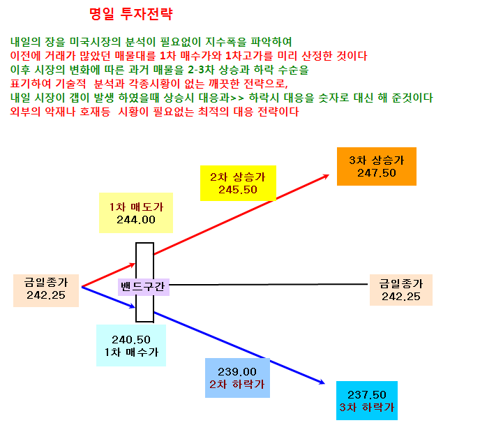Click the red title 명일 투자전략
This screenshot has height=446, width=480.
pos(131,14)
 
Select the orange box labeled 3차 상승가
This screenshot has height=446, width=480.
pos(377,166)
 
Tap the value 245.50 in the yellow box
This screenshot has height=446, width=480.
pos(238,190)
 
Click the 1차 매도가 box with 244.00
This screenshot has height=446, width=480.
pos(136,213)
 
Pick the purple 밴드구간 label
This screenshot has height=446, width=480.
pos(144,287)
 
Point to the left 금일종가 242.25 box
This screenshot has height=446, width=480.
pos(46,290)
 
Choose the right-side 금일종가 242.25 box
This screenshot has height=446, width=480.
pos(401,290)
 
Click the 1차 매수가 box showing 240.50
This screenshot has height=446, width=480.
pos(131,345)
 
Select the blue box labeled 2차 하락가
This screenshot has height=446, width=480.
pos(237,378)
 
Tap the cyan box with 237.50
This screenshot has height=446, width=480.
pos(367,401)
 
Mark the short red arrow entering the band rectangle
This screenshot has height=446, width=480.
pos(109,275)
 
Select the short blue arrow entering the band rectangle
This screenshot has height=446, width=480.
pos(109,297)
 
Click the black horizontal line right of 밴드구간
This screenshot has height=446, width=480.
pos(268,285)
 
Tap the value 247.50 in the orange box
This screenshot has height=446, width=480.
pos(377,173)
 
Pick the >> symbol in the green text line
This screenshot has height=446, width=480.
pos(237,98)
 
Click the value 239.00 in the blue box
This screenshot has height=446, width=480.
pos(237,372)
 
